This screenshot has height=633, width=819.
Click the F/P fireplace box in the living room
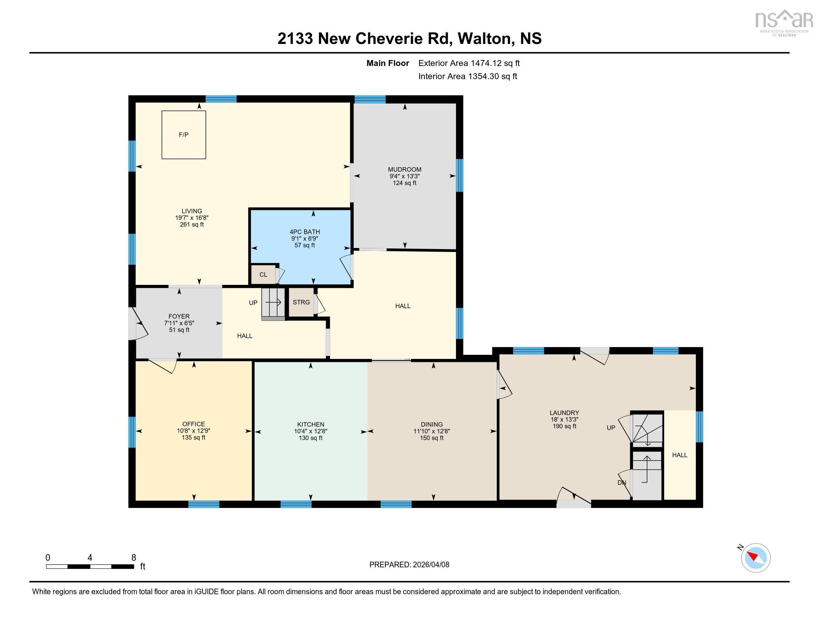coord(184,135)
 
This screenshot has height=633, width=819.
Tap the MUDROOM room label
coord(405,169)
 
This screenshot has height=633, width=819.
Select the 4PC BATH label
coord(305,232)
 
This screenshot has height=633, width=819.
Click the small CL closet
coord(263,274)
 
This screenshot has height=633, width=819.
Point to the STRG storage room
coord(301,302)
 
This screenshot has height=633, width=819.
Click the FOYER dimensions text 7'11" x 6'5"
coord(179,323)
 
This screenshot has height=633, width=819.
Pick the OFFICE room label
coord(194,424)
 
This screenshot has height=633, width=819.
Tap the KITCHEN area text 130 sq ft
coord(310,438)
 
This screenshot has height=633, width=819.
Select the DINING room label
coord(431,424)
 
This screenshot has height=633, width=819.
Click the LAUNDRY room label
coord(564,413)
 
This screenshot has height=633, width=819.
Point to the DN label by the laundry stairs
coord(622,483)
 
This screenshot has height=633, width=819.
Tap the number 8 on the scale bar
coord(134,558)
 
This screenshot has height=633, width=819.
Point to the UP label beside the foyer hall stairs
coord(253,303)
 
